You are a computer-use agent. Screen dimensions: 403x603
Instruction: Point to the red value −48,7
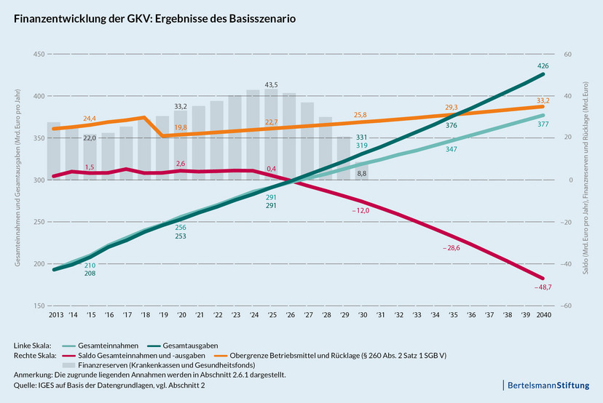click(x=542, y=288)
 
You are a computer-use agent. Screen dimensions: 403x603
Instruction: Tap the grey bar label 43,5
click(x=271, y=84)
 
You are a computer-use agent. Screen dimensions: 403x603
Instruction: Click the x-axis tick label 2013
click(x=54, y=316)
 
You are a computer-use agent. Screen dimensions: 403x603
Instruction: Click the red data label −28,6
click(x=453, y=248)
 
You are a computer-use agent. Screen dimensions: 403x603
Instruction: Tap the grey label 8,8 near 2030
click(x=362, y=174)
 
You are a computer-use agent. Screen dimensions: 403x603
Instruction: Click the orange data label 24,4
click(x=90, y=119)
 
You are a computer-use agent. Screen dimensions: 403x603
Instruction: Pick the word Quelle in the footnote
click(x=26, y=385)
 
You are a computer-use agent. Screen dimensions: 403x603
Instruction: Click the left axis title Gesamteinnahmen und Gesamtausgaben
click(x=17, y=179)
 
